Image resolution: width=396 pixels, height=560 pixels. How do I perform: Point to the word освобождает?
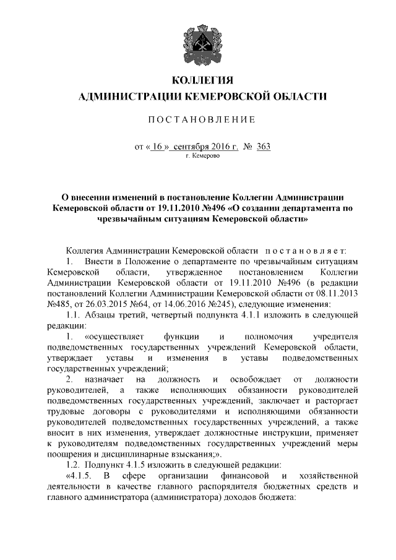[247, 379]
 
